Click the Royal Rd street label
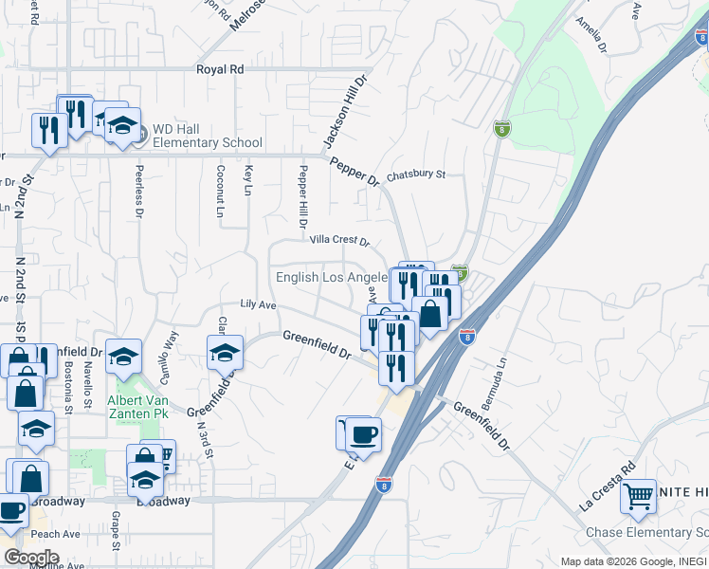tap(220, 69)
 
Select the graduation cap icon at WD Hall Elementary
tap(122, 125)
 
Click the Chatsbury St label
tap(415, 174)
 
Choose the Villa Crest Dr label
tap(338, 242)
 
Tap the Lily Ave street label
tap(258, 304)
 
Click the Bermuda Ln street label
tap(496, 384)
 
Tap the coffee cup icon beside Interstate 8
tap(363, 434)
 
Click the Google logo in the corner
tap(31, 558)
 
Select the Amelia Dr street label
tap(593, 36)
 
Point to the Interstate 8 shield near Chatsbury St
tap(501, 128)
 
